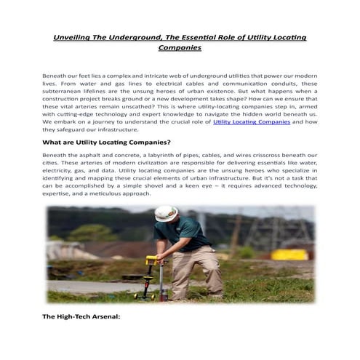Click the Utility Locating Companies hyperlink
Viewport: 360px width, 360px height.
(252, 123)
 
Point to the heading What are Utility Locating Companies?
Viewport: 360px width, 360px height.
(106, 142)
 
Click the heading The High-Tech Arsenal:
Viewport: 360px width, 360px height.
(81, 317)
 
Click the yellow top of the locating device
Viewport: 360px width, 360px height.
(151, 259)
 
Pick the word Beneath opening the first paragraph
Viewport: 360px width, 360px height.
(56, 75)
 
